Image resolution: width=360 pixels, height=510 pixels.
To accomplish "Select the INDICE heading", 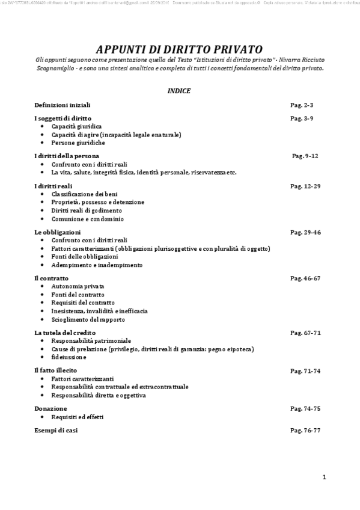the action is pos(179,91).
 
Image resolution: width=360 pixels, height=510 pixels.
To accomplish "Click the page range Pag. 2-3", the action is pos(302,105).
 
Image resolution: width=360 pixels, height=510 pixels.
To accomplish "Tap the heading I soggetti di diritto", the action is pos(63,118).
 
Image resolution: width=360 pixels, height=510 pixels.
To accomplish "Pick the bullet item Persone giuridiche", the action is pos(78,143).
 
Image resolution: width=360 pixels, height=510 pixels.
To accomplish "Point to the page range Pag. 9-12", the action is pos(305,156).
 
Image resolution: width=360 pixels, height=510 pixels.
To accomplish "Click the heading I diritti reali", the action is pos(53,186).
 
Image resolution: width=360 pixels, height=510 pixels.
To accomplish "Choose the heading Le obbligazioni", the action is pos(58,232).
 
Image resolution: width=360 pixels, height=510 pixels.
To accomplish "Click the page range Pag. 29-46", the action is pos(305,232).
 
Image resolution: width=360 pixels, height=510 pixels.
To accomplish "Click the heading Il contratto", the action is pos(51,278).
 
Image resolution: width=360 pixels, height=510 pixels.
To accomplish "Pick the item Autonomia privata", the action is pos(78,287).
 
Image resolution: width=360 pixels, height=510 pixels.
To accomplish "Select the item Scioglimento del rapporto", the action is pos(88,319).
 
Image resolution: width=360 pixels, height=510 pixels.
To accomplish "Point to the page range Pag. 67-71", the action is pos(305,333).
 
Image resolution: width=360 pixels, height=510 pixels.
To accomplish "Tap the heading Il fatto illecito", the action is pos(56,370).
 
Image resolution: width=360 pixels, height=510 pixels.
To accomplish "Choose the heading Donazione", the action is pos(50,408).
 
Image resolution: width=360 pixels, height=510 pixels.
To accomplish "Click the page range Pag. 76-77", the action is pos(305,431).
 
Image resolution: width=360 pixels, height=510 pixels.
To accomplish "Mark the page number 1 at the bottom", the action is pos(324,478).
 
